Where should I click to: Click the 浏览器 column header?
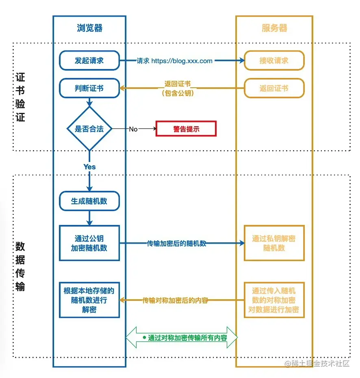point(89,28)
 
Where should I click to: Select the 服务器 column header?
point(274,28)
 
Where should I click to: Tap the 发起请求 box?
point(89,60)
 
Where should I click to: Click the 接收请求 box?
point(274,60)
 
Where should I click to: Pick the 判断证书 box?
point(89,88)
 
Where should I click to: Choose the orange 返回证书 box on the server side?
point(274,88)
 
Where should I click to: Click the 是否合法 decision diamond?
point(89,129)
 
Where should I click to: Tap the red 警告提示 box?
point(186,129)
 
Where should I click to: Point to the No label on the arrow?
point(133,129)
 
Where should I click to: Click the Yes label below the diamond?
point(89,167)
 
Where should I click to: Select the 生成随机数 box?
point(89,201)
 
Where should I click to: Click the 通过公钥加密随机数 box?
point(89,243)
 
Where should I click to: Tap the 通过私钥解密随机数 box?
point(274,243)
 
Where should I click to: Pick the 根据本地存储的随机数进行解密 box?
point(89,300)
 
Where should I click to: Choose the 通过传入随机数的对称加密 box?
point(274,300)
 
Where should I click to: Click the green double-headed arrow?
point(182,337)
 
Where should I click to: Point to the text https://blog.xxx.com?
point(182,61)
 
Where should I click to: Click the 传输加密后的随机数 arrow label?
point(176,244)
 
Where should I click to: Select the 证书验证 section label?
point(20,97)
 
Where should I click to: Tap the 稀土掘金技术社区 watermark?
point(317,363)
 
